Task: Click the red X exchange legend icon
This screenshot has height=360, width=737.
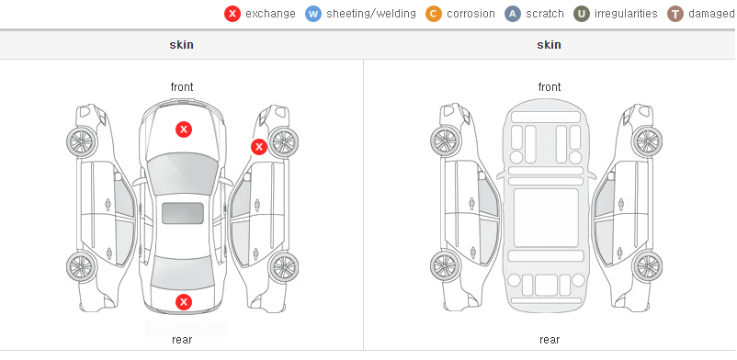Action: [232, 14]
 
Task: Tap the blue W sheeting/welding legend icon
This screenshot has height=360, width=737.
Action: [313, 14]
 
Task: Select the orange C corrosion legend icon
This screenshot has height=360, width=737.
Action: [434, 14]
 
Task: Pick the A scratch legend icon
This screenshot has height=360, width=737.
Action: [513, 14]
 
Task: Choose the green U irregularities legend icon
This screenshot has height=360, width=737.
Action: [582, 14]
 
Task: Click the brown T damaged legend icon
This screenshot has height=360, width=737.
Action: [675, 14]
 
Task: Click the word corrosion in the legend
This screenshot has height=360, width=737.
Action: [471, 14]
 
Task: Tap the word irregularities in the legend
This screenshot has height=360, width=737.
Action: [626, 14]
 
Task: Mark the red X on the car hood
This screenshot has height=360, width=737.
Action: [184, 129]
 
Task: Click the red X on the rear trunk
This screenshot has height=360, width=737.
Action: [184, 302]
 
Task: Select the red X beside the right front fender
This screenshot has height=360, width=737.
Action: [258, 147]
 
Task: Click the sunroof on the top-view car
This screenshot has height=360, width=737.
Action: [183, 213]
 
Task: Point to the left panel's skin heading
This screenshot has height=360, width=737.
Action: [181, 45]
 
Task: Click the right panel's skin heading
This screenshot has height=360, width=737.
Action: [549, 45]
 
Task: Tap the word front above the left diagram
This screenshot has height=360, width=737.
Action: [182, 87]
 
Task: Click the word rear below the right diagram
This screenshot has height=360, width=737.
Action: [550, 340]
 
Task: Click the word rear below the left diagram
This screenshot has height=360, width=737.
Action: [182, 340]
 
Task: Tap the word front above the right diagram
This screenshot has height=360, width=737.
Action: [550, 87]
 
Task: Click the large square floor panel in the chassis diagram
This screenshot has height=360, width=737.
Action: [546, 218]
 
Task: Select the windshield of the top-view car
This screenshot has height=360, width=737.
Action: [183, 174]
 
